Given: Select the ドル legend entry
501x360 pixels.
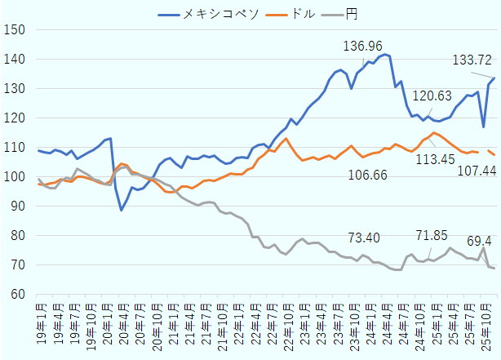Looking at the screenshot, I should tap(292, 13).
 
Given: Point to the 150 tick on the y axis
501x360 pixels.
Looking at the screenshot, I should tap(16, 30).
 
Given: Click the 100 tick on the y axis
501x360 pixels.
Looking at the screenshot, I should tap(16, 177).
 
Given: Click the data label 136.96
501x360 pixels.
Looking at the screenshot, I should tap(363, 45).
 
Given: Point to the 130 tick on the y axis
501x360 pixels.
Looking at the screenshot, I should tap(16, 89).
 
